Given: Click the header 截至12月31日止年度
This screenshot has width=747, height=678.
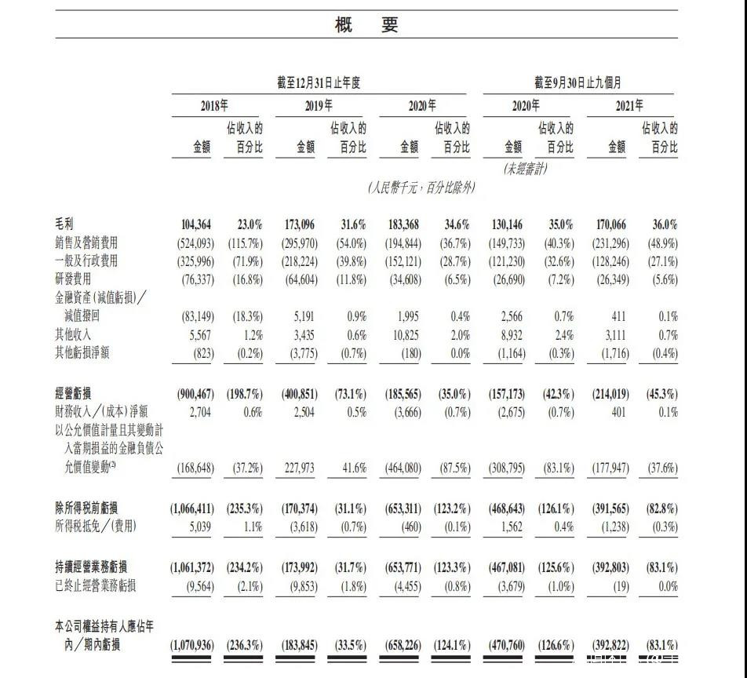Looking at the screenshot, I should coord(319,83).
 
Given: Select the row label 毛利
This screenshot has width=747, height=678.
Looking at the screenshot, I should coord(65,224).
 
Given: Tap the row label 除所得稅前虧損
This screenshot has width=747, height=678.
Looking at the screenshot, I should coord(87,508).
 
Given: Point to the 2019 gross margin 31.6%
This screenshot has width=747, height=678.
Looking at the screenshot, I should coord(350,224).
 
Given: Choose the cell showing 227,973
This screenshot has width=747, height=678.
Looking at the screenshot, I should coord(297,468).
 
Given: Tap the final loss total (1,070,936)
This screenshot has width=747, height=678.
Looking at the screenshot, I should coord(191,646).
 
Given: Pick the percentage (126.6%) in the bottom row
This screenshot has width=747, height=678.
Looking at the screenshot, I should coord(556,646).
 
